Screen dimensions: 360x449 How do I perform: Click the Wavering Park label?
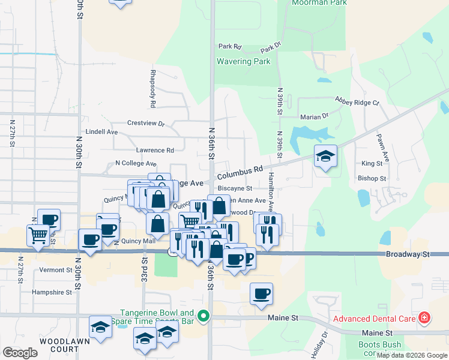click(x=244, y=61)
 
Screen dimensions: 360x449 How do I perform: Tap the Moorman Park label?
click(x=311, y=3)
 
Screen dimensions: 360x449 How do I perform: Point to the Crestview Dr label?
click(x=146, y=123)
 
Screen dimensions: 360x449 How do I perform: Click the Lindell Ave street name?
click(x=101, y=131)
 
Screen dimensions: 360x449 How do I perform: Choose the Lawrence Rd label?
click(x=155, y=150)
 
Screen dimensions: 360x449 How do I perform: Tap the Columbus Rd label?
click(x=240, y=173)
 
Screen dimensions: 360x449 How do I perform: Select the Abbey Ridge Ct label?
click(x=357, y=101)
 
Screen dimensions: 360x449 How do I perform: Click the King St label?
click(x=372, y=163)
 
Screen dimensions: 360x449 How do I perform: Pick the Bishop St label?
click(x=372, y=178)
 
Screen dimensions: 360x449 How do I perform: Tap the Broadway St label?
click(x=409, y=254)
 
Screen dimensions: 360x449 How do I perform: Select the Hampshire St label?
click(x=52, y=292)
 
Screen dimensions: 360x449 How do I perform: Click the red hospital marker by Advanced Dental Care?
click(x=424, y=317)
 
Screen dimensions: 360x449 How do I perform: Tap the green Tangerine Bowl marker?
click(x=203, y=316)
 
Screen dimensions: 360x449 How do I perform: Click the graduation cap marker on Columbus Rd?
click(x=325, y=156)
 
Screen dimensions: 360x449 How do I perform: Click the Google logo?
click(x=20, y=353)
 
